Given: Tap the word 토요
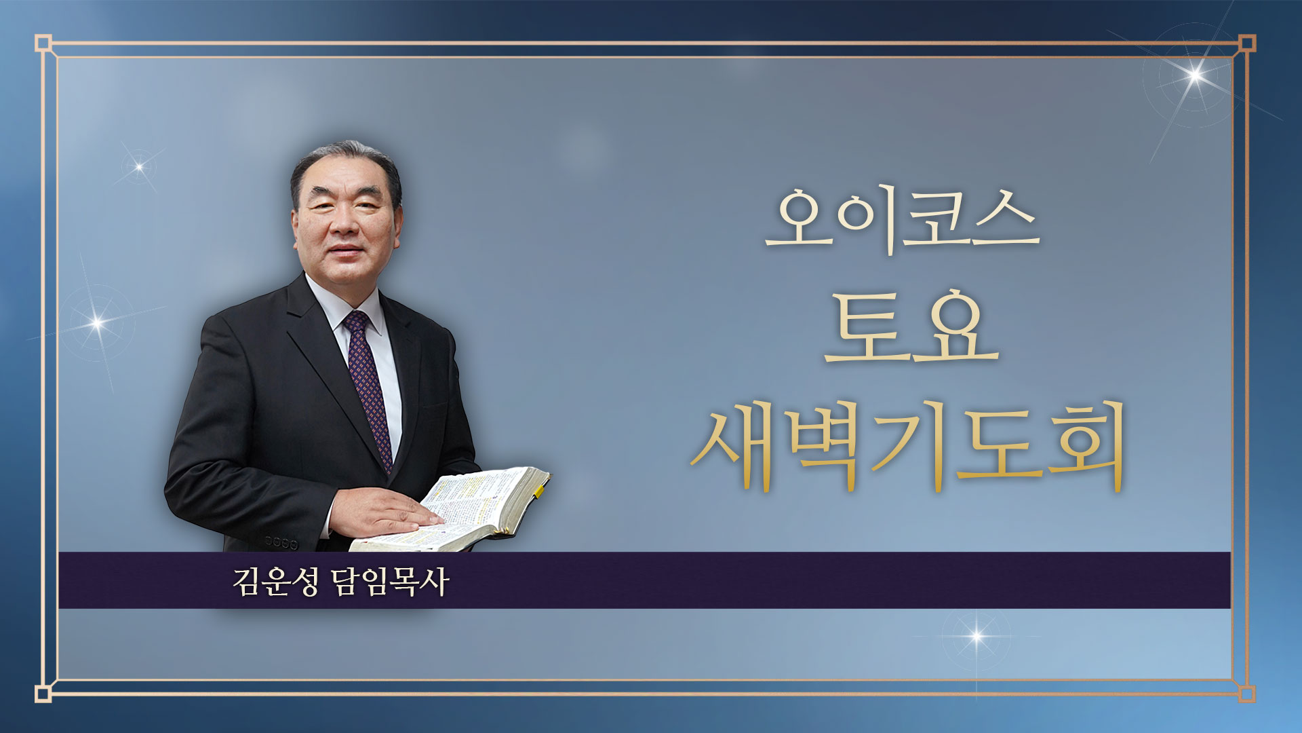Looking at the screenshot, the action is (x=911, y=325).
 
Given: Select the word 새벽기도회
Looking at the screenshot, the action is (x=909, y=445).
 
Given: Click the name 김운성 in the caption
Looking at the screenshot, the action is (x=275, y=582).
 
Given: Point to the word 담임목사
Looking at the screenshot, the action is (x=391, y=582).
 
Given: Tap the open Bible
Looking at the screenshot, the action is (x=451, y=510).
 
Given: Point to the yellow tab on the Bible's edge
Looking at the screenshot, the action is (x=540, y=490).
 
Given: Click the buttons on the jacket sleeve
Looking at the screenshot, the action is (x=281, y=543).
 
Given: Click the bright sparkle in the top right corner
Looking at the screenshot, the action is (x=1196, y=74).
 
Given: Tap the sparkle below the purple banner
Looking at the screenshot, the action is (x=976, y=636).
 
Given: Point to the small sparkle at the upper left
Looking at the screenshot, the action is (x=139, y=166).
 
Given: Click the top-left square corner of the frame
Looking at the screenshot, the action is (x=43, y=43).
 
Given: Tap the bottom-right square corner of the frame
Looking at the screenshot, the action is (x=1247, y=693).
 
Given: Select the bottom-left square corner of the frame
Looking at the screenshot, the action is (x=43, y=693).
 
